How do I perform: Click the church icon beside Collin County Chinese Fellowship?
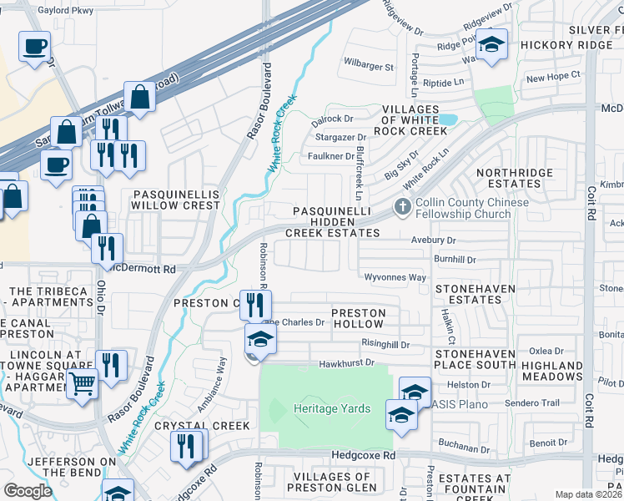pos(403,207)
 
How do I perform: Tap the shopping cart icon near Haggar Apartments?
pos(82,386)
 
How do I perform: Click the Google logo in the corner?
pos(28,491)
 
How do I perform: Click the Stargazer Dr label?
pos(339,138)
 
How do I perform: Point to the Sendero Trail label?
pos(531,402)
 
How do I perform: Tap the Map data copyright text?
pos(589,494)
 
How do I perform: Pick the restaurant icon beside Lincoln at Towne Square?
pos(110,364)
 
